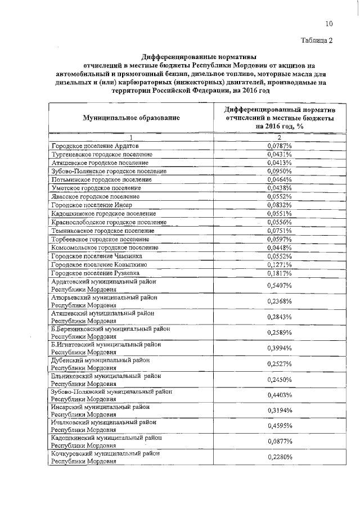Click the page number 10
[x=329, y=24]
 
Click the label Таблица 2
[x=317, y=41]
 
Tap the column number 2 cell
[x=279, y=138]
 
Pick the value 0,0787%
[x=279, y=146]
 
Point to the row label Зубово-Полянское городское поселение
[x=109, y=170]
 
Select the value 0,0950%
[x=279, y=170]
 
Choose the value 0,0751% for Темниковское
[x=279, y=231]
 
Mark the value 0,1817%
[x=279, y=273]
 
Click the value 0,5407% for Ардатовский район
[x=279, y=286]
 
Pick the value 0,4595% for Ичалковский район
[x=279, y=426]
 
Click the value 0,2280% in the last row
[x=279, y=457]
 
